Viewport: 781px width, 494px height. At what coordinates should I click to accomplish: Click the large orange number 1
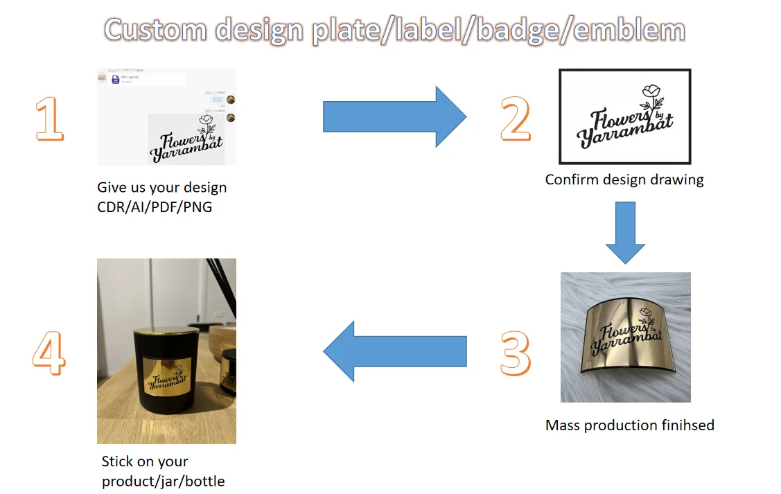click(49, 118)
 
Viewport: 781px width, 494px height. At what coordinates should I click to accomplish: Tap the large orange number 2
click(516, 118)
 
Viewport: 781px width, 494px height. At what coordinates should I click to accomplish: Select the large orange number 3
click(516, 353)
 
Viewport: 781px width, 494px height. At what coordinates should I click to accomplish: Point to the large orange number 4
click(49, 353)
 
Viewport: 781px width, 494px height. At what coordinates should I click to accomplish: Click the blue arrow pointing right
click(394, 116)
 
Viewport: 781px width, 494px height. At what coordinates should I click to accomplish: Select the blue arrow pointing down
click(625, 232)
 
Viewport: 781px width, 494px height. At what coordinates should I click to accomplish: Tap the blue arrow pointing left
click(394, 351)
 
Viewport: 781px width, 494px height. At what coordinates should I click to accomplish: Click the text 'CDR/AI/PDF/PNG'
click(155, 206)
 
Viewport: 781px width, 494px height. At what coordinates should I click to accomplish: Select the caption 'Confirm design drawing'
click(624, 179)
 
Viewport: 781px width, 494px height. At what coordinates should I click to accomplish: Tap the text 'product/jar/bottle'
click(163, 481)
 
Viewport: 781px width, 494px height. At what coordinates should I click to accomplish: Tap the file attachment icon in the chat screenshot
click(116, 80)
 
